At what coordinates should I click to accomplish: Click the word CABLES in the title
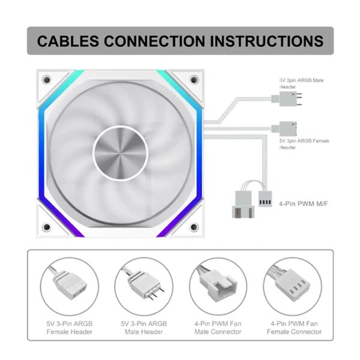coord(68,41)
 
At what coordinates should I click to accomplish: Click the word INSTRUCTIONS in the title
coord(267,41)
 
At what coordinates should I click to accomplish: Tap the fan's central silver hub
coord(120,152)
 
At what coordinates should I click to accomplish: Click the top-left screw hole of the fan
coord(47,80)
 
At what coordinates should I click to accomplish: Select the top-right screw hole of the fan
coord(194,80)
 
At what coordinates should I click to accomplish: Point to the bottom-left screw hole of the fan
coord(47,227)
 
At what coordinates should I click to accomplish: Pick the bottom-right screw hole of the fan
coord(194,227)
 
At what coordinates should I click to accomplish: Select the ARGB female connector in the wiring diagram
coord(284,128)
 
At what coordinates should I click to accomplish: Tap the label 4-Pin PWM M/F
coord(303,203)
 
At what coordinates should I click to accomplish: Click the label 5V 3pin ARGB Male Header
coord(301,83)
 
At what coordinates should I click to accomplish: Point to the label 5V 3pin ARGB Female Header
coord(304,144)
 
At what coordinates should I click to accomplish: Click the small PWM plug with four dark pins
coord(265,199)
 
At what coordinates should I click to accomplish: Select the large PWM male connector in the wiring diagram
coord(244,204)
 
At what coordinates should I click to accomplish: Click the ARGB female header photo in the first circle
coord(69,284)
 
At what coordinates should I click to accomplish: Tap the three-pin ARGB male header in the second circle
coord(143,284)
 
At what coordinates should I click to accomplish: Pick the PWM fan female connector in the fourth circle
coord(292,284)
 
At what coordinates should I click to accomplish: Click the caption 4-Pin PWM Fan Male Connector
coord(218,328)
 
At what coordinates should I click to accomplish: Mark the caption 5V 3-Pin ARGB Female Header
coord(70,328)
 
